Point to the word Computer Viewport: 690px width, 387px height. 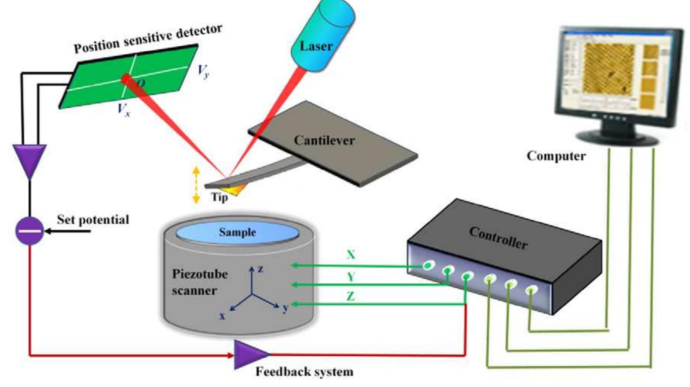(556, 156)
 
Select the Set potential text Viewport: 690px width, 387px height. (93, 220)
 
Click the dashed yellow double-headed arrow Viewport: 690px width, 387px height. (196, 186)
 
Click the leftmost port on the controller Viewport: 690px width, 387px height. (427, 265)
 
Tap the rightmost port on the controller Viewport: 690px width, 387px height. (531, 290)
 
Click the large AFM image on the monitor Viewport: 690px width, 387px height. (609, 68)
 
